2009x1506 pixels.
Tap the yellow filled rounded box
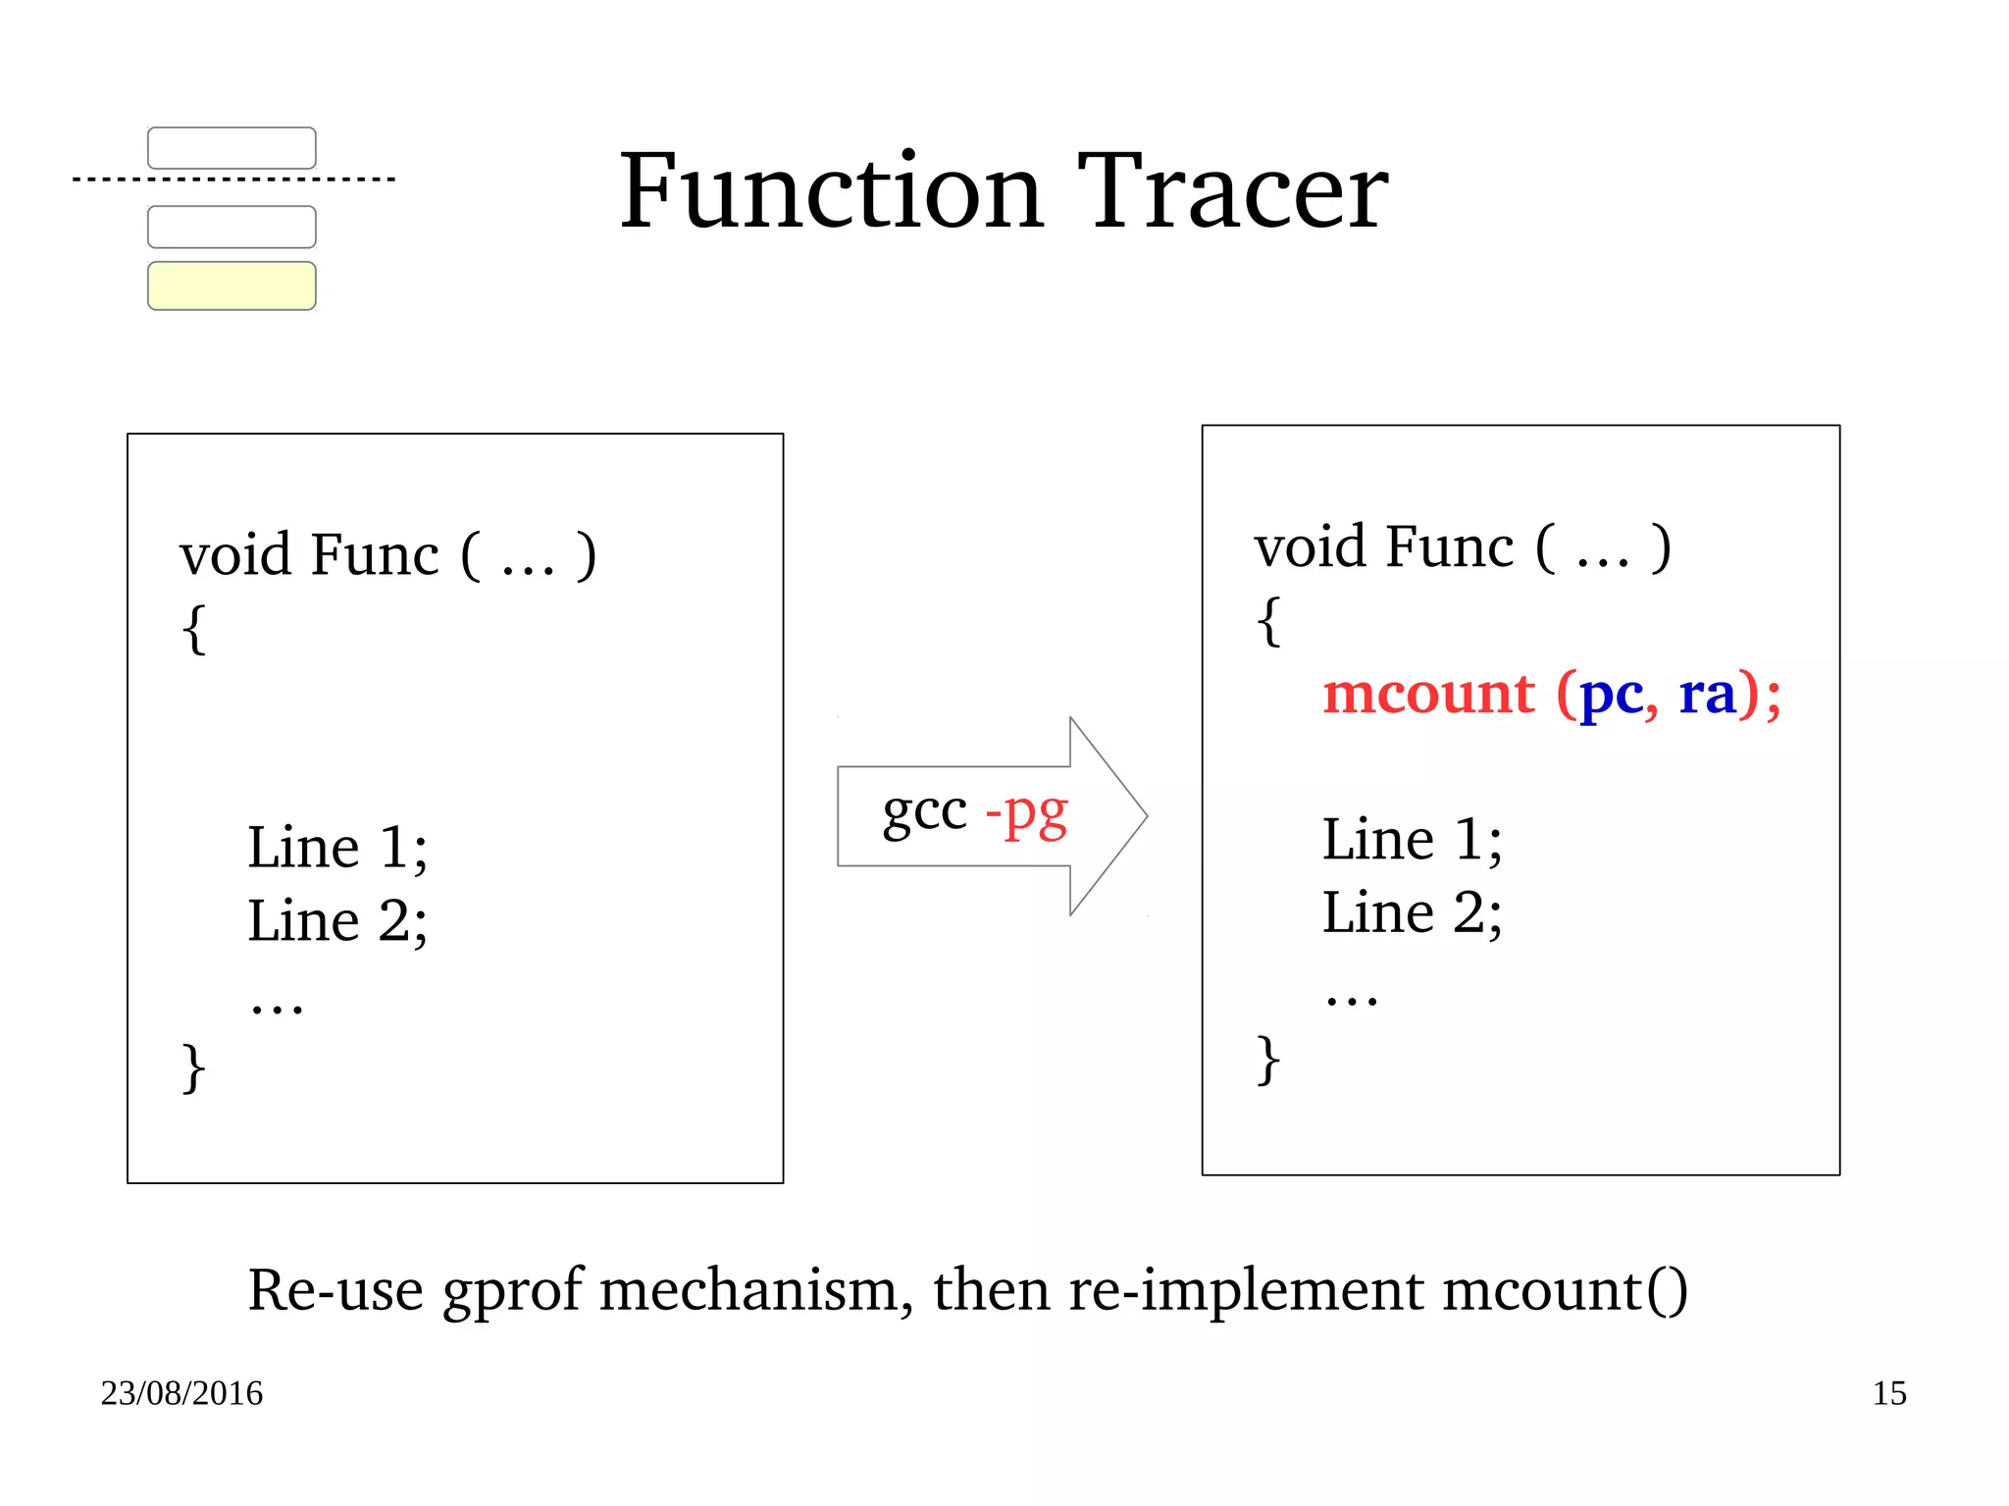(x=232, y=286)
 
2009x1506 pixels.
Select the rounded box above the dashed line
(x=232, y=148)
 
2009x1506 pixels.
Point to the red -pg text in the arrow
(x=1026, y=814)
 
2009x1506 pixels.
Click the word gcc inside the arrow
(x=924, y=812)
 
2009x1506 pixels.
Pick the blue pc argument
(x=1611, y=695)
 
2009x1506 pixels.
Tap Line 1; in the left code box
(x=337, y=847)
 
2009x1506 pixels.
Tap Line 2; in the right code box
(x=1412, y=912)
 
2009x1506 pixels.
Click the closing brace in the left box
(x=193, y=1066)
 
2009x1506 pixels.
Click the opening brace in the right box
(x=1268, y=621)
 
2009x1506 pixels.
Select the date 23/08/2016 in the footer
(x=181, y=1393)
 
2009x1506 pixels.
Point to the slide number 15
(x=1888, y=1393)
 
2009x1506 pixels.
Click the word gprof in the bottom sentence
(x=513, y=1291)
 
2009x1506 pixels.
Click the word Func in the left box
(x=374, y=554)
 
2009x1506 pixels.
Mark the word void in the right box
(x=1311, y=546)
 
